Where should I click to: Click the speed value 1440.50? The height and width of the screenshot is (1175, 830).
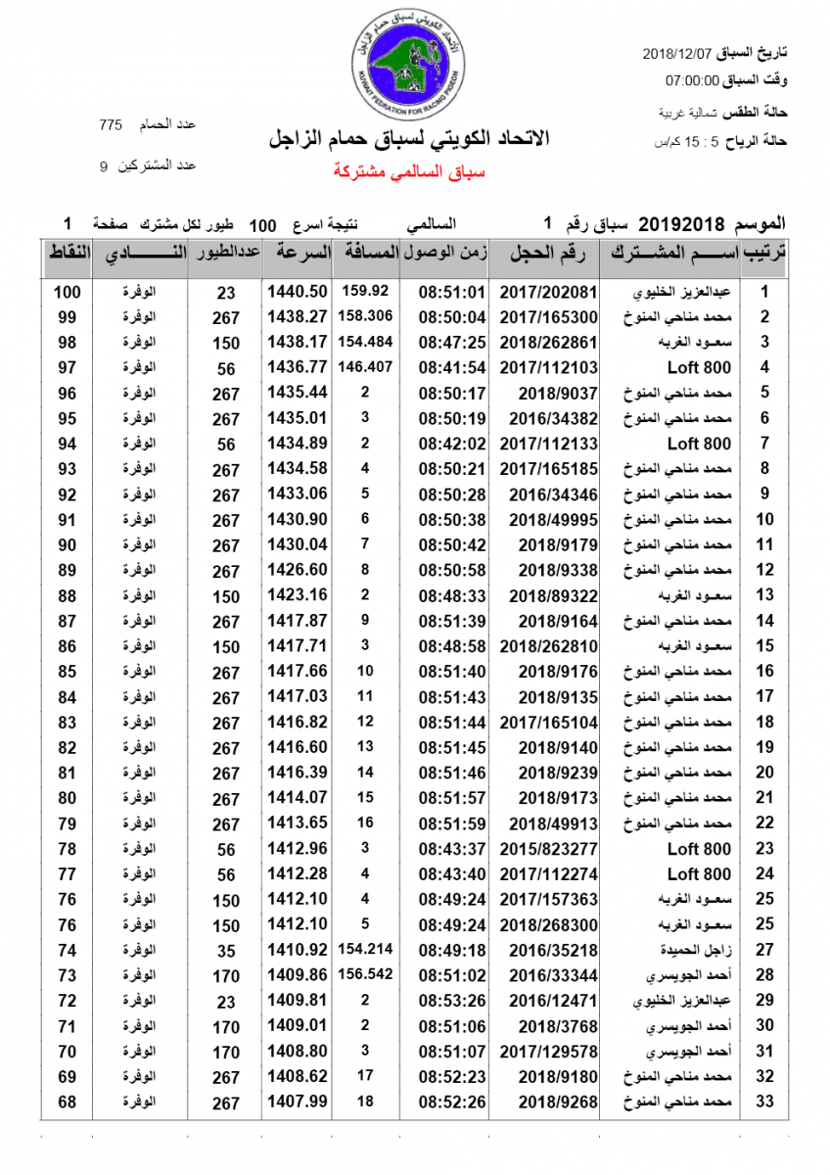296,292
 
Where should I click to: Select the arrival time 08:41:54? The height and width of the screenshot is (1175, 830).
452,367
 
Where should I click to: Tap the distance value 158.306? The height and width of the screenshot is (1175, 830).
367,316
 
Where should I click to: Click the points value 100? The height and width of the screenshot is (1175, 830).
67,292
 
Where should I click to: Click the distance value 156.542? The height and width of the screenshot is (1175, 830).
367,975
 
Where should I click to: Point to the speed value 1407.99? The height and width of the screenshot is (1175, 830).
296,1102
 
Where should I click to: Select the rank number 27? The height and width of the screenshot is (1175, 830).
765,950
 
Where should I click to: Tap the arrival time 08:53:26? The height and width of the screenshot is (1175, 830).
452,1001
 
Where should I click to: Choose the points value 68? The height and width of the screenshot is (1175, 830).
67,1102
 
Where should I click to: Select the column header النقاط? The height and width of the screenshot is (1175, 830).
69,253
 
